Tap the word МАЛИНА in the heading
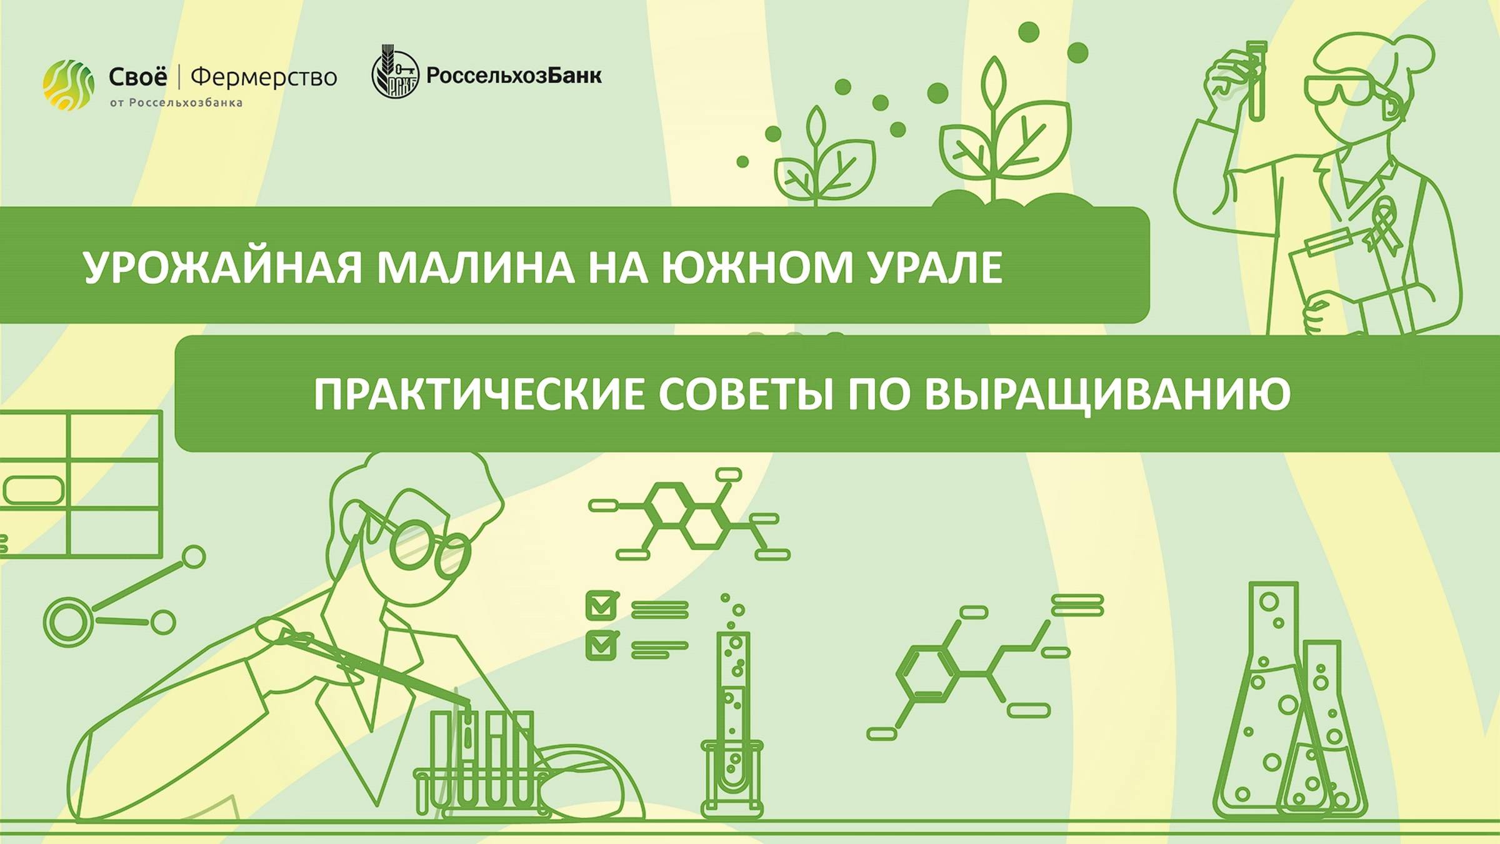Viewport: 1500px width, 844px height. pos(475,268)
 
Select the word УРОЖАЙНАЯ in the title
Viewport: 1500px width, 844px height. pos(222,268)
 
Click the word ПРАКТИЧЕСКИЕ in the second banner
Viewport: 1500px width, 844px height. pos(478,394)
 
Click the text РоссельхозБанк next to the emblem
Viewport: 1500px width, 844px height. pos(514,76)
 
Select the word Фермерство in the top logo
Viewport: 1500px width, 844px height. pos(263,78)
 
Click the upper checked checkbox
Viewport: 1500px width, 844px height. pos(601,605)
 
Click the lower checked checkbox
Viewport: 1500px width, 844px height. pos(601,646)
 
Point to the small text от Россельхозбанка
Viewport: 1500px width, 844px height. pos(176,103)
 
